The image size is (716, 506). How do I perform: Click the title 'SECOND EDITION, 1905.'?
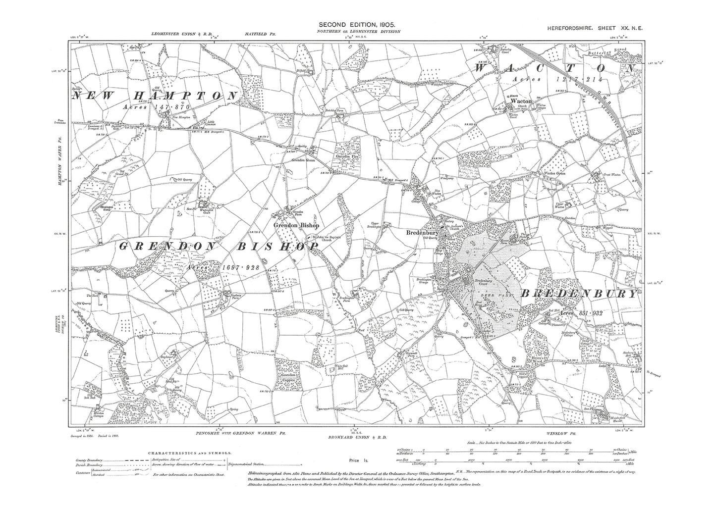[356, 24]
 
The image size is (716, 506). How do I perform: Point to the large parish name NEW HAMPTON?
[154, 96]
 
